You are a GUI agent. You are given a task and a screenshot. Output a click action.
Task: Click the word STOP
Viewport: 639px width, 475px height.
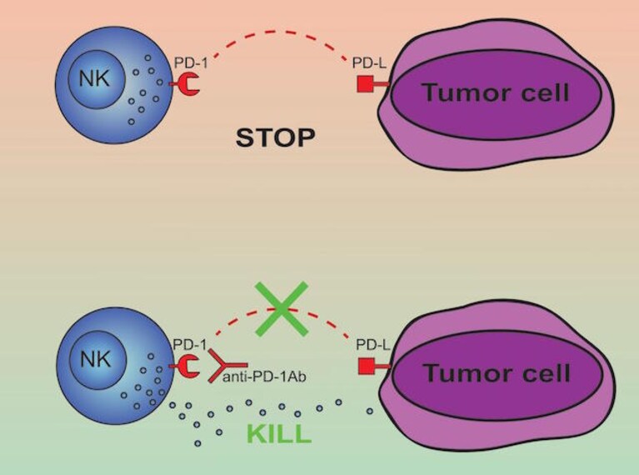click(x=276, y=137)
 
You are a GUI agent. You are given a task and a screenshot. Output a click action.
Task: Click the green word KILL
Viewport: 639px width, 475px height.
click(x=279, y=434)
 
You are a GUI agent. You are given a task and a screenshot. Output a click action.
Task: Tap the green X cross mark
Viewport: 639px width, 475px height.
click(x=282, y=308)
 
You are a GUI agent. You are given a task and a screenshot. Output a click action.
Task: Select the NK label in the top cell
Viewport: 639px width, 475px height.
click(x=94, y=78)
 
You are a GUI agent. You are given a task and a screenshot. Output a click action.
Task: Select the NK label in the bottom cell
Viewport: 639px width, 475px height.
click(x=96, y=360)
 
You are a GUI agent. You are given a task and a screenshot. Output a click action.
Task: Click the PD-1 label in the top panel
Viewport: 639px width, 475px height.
click(x=191, y=62)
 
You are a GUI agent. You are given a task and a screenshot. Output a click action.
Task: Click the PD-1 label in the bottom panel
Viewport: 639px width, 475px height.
click(x=190, y=344)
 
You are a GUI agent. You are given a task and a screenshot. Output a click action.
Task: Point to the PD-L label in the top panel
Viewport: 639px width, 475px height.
click(x=369, y=62)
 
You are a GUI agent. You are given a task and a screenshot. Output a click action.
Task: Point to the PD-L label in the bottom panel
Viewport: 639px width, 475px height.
click(x=373, y=345)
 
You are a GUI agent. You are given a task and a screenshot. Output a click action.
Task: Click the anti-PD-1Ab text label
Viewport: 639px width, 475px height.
click(x=264, y=377)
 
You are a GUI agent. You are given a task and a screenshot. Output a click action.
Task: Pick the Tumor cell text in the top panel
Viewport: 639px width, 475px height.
click(x=496, y=92)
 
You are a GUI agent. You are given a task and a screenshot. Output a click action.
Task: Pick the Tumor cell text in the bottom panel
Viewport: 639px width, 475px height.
click(x=497, y=372)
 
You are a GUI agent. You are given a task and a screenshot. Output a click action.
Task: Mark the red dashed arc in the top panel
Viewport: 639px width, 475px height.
click(x=282, y=32)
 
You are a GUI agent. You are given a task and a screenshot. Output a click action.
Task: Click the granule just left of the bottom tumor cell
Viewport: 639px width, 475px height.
click(x=370, y=412)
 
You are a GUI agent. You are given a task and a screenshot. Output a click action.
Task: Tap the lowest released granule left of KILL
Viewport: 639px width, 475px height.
click(x=197, y=443)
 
